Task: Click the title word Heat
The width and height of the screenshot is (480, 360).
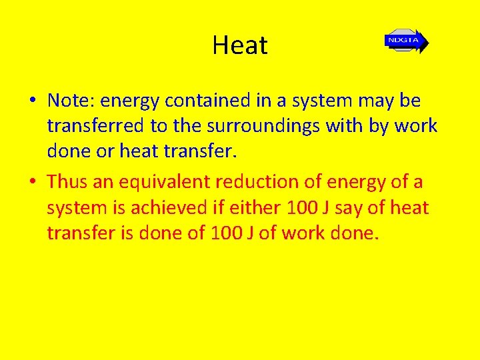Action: click(240, 45)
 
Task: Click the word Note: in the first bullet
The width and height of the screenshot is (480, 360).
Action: click(71, 101)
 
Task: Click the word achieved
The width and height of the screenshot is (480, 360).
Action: click(169, 208)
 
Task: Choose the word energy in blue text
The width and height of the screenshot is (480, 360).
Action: click(129, 101)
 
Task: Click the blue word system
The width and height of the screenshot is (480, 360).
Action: click(319, 101)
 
